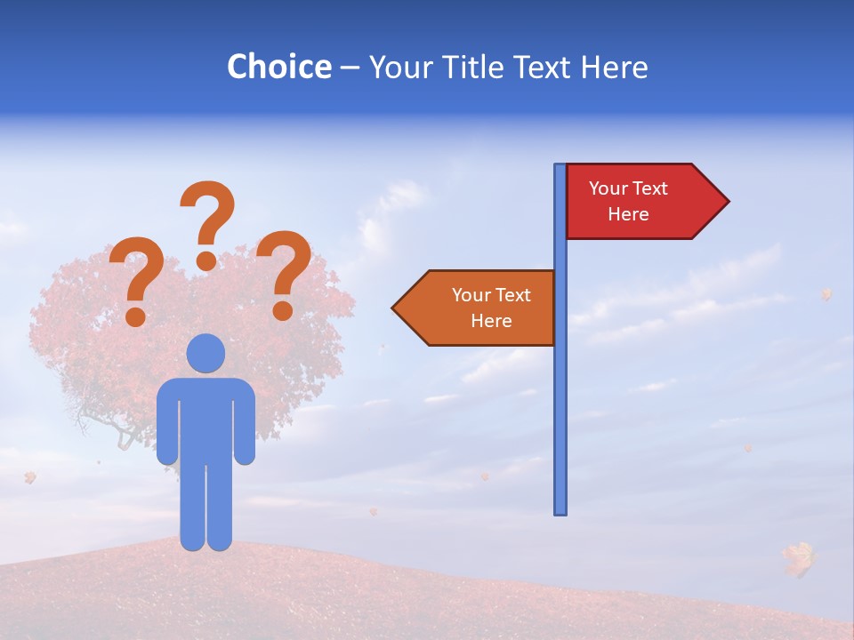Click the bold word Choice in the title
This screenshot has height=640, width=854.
tap(278, 67)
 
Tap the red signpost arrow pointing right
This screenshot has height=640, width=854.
tap(640, 202)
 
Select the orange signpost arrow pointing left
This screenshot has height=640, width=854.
tap(480, 308)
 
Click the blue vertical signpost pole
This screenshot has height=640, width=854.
tap(560, 400)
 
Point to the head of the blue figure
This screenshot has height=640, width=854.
tap(205, 353)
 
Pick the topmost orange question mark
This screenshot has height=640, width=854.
tap(208, 222)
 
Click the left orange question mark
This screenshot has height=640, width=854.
tap(136, 280)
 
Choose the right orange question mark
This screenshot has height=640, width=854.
tap(286, 273)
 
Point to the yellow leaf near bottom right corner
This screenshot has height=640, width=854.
tap(799, 557)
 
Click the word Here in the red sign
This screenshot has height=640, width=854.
tap(628, 214)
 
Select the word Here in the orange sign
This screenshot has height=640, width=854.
tap(491, 321)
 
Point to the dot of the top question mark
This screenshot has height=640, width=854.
tap(206, 260)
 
